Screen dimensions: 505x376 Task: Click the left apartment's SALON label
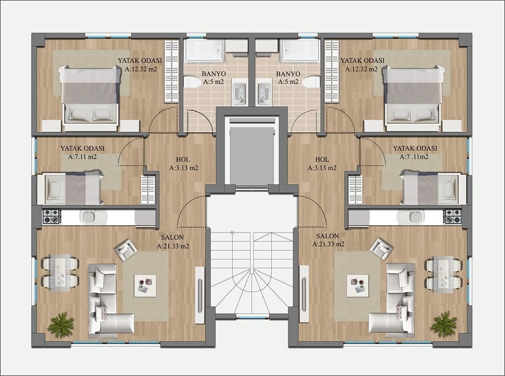tap(172, 238)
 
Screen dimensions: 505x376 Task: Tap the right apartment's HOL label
tap(322, 159)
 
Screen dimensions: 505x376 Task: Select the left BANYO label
tap(214, 74)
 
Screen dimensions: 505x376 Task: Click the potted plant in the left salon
tap(61, 324)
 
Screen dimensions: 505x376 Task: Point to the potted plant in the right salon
tap(444, 324)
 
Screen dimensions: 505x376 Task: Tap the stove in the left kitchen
tap(51, 216)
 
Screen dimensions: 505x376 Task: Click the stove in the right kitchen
tap(453, 216)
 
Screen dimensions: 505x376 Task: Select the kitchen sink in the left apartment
tap(93, 217)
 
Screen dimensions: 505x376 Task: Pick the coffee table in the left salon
tap(145, 286)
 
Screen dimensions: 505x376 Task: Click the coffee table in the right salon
tap(358, 286)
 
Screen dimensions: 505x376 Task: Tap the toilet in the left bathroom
tap(192, 82)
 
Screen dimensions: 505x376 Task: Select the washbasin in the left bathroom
tap(240, 92)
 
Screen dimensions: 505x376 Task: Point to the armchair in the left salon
tap(126, 249)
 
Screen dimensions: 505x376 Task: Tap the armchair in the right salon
tap(382, 249)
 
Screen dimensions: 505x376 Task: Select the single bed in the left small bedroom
tap(71, 188)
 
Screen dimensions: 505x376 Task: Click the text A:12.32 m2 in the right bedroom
tap(361, 69)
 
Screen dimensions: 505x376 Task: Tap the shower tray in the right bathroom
tap(299, 51)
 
